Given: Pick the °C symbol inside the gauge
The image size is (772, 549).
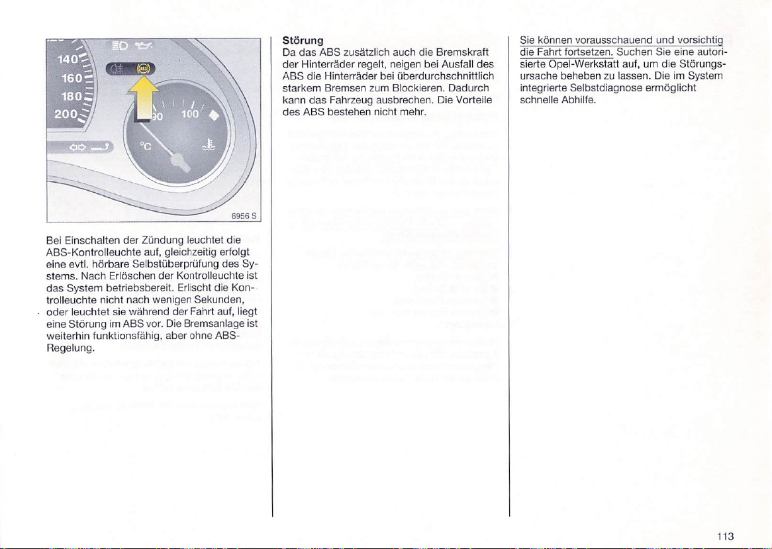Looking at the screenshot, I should pos(147,147).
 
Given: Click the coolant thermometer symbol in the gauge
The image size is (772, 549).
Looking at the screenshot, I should pos(209,145).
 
